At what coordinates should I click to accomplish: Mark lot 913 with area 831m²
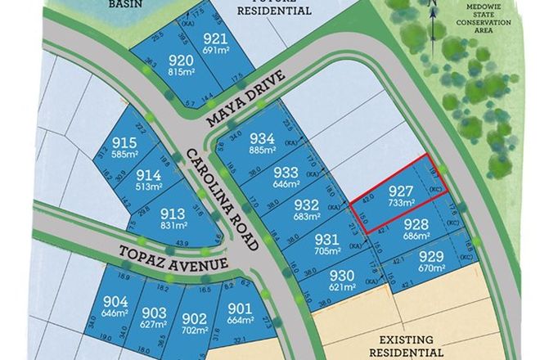click(174, 214)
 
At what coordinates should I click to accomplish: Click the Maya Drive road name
click(245, 99)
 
